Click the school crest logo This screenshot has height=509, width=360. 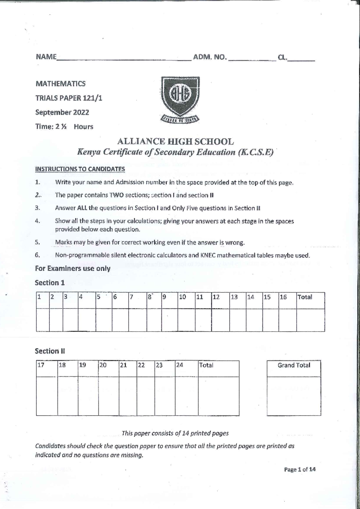coord(180,99)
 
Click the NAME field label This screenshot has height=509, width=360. coord(46,57)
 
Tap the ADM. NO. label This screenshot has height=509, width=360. coord(210,57)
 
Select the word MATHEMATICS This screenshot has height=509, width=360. coord(60,84)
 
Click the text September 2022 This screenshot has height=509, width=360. coord(62,113)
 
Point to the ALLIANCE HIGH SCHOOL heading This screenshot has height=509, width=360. coord(175,141)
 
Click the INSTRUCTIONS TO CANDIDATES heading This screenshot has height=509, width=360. coord(80,169)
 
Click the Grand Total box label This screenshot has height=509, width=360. coord(294,365)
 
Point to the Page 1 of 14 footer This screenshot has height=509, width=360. coord(300,469)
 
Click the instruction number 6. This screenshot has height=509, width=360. coord(37,255)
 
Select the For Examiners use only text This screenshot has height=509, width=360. coord(73,269)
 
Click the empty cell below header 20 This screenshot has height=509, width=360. coord(109,396)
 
